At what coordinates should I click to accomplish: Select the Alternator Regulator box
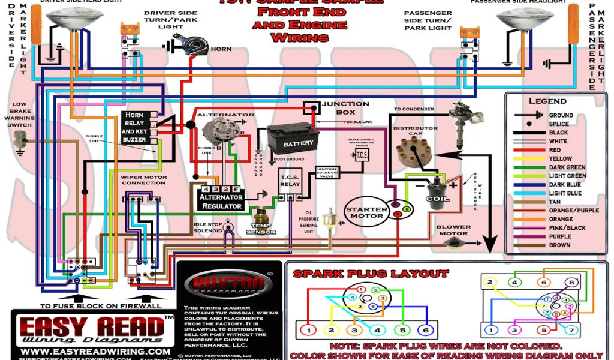221,201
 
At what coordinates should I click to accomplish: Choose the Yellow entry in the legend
561,158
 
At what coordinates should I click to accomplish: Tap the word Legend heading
547,101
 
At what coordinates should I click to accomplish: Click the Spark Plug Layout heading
371,274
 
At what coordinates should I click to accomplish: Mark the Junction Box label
346,108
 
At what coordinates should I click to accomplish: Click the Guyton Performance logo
228,284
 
